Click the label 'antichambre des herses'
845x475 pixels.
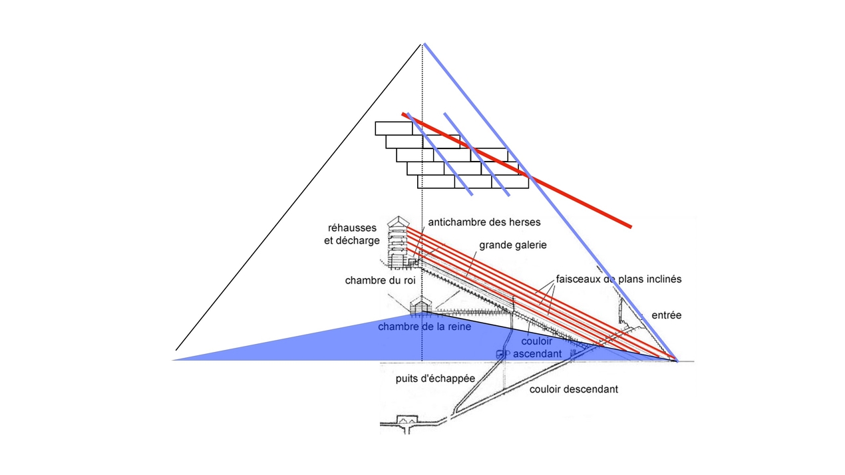(x=484, y=222)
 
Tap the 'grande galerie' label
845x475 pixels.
(x=512, y=245)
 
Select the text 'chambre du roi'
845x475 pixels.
(x=380, y=281)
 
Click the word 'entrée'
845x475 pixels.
(x=666, y=315)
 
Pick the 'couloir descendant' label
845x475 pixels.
(x=574, y=389)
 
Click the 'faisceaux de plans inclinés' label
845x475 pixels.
(x=619, y=279)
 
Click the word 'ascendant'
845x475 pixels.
(x=538, y=354)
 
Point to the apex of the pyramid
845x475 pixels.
(x=422, y=44)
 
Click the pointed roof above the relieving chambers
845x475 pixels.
(x=399, y=220)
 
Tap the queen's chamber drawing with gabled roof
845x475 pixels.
(x=421, y=306)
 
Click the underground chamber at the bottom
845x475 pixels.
(x=405, y=421)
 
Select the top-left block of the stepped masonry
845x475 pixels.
(x=389, y=128)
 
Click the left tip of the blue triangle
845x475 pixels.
(x=174, y=360)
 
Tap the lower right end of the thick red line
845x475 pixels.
(x=629, y=227)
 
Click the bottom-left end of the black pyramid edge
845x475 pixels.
(x=176, y=349)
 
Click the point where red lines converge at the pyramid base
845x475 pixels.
(x=676, y=359)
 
